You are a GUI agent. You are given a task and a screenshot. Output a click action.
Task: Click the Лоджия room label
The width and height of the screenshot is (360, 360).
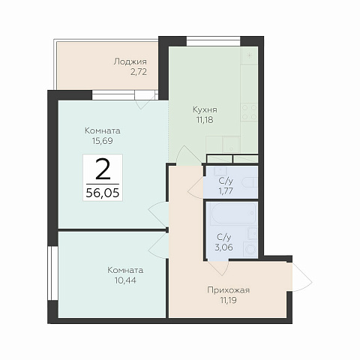click(130, 61)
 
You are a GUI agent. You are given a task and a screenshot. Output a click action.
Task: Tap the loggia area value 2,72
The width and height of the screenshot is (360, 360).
click(138, 72)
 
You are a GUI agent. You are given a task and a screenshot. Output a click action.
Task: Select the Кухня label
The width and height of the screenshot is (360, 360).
click(205, 109)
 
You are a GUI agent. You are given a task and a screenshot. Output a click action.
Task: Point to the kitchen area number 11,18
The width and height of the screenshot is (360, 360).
click(205, 120)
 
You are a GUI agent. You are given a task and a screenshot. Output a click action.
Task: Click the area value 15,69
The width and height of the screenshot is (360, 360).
click(103, 141)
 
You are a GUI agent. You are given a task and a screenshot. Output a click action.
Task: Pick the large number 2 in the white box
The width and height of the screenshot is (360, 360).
click(103, 169)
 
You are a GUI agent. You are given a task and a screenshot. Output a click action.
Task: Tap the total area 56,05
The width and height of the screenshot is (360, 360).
click(103, 193)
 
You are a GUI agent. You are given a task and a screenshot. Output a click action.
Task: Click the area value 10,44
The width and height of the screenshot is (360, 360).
click(125, 280)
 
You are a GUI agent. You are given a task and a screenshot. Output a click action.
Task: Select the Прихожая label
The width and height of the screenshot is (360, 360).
click(228, 290)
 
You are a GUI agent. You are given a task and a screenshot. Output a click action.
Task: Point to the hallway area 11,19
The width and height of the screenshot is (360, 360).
click(228, 300)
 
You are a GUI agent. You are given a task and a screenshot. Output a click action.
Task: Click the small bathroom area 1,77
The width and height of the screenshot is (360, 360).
click(226, 191)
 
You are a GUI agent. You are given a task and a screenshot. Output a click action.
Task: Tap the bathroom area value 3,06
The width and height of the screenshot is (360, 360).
click(224, 247)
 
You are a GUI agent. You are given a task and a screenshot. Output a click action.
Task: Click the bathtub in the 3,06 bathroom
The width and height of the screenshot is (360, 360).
click(233, 214)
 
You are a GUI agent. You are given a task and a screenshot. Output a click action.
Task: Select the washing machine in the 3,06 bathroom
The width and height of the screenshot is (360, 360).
click(250, 249)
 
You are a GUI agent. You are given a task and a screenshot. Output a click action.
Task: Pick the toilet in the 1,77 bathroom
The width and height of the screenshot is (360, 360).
click(250, 182)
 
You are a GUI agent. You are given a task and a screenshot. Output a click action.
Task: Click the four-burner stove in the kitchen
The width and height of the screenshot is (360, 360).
click(249, 112)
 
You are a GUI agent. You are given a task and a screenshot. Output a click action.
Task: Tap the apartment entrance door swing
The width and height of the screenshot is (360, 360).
click(302, 277)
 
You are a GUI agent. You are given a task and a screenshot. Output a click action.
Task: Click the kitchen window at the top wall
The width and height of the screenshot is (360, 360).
click(213, 41)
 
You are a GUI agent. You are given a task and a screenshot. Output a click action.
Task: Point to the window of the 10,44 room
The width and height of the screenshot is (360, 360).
click(52, 273)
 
